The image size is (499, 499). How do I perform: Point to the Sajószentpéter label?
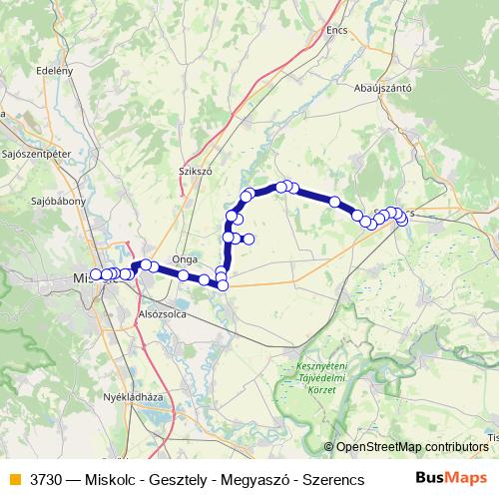tap(36, 155)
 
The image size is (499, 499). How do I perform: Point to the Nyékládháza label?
tap(133, 396)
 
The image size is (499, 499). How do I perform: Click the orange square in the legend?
tap(13, 478)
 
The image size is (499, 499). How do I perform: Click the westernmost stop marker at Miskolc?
tap(96, 274)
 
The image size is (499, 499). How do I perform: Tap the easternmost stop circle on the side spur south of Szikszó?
tap(249, 238)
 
